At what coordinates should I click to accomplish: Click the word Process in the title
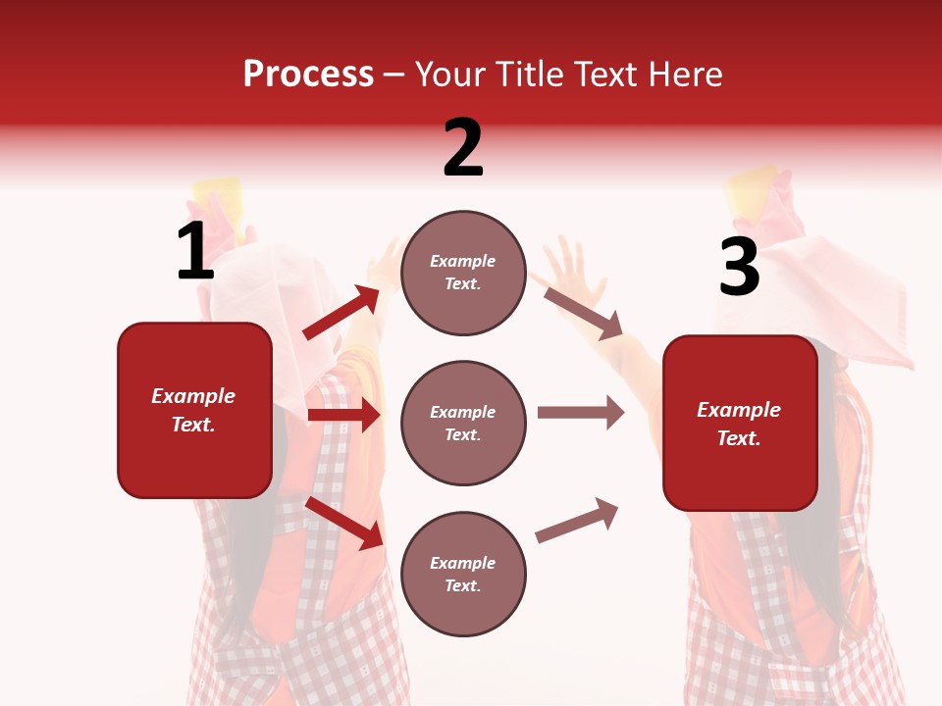308,75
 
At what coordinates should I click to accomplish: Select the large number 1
195,252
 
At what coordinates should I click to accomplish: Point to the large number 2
463,148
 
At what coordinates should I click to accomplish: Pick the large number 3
739,268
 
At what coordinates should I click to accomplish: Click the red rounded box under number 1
194,410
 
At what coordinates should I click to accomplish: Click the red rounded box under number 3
740,424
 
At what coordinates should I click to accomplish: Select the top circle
463,273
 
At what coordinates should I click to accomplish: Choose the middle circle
463,424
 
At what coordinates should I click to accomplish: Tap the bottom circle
463,575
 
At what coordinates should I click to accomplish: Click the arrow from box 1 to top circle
341,313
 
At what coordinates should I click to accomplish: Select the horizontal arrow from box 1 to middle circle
343,415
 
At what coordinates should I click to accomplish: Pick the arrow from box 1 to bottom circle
343,523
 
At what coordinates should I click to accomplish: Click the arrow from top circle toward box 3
583,313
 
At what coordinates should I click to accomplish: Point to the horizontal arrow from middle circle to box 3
580,413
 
